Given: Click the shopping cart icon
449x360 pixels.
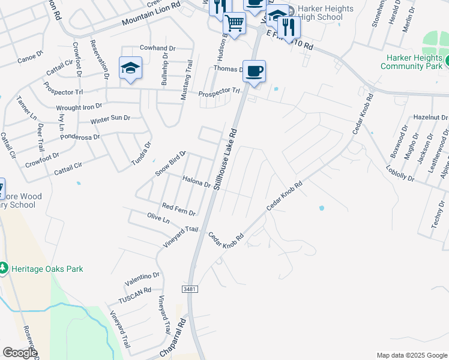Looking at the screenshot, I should pos(234,24).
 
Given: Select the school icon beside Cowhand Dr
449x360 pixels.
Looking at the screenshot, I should pos(130,68).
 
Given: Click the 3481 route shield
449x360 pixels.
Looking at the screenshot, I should pos(190,289).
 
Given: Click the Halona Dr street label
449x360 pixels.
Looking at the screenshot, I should pos(196,181).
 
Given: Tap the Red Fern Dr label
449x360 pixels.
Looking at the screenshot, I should pos(179,209).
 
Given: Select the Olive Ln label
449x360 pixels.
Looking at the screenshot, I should pos(158,218).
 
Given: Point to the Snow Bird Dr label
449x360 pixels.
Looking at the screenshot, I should pos(171,163).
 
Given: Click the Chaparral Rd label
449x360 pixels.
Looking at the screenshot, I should pos(173,339).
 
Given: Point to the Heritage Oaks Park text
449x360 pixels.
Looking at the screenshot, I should pos(47,269).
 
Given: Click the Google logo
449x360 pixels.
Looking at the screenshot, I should pos(20,353).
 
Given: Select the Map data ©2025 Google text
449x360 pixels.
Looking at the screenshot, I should pos(411,355).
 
